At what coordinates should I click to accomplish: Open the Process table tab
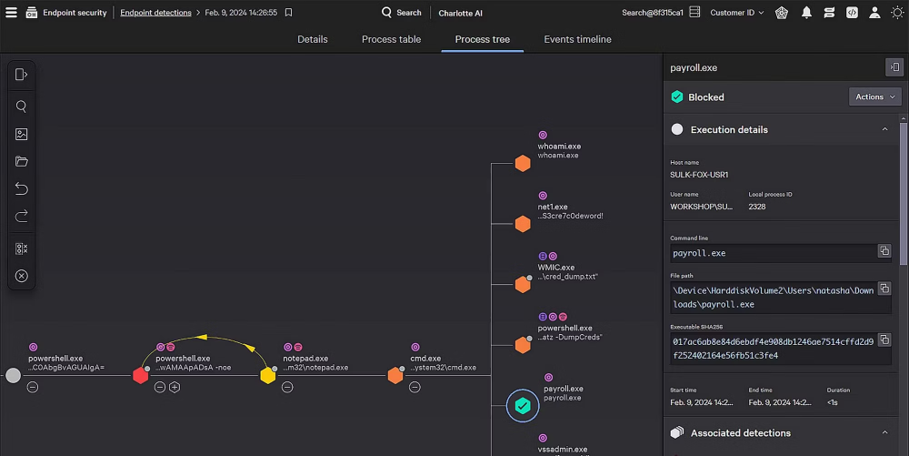pos(391,39)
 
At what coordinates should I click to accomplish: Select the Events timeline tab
pos(577,39)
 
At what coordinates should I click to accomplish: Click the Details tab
pos(313,39)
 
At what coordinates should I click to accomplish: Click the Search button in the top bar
pos(402,13)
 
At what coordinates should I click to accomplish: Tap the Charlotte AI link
pos(461,14)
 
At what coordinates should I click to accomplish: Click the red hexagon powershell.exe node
pos(140,375)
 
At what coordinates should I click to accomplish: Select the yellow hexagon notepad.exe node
pos(267,375)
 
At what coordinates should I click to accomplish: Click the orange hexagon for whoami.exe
pos(523,163)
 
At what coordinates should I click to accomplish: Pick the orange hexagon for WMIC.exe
pos(523,284)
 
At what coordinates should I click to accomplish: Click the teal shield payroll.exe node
pos(522,406)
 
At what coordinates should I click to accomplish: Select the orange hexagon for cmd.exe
pos(395,375)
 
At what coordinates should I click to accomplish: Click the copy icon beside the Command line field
pos(884,251)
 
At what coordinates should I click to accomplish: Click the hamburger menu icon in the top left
pos(11,13)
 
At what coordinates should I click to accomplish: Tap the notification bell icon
pos(806,13)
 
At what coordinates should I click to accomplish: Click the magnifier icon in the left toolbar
pos(22,106)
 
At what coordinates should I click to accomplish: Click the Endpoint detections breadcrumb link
pos(155,13)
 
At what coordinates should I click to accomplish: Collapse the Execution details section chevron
pos(884,129)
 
